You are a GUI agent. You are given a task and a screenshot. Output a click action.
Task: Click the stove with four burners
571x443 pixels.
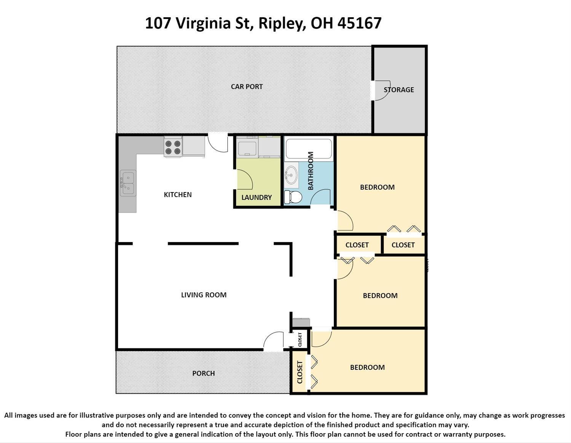tap(173, 147)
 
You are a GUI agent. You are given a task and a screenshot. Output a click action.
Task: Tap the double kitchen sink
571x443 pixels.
tap(128, 183)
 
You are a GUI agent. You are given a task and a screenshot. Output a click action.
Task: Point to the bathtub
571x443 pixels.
tap(309, 149)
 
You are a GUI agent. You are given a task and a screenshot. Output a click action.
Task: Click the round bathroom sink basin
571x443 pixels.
tap(291, 175)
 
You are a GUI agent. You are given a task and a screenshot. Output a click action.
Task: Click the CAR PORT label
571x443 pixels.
tap(247, 87)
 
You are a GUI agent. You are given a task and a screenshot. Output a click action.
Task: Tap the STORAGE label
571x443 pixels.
tap(399, 90)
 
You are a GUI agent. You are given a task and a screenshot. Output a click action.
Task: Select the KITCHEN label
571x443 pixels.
tap(178, 195)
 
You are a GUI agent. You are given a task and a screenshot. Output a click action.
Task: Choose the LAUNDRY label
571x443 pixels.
tap(257, 197)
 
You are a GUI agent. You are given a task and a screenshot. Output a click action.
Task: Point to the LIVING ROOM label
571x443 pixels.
tap(204, 295)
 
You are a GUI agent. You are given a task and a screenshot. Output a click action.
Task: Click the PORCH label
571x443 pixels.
tap(203, 373)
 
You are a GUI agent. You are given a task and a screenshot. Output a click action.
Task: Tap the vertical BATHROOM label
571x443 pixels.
tap(311, 171)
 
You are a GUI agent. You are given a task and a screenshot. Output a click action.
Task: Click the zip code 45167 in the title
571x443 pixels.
tap(359, 23)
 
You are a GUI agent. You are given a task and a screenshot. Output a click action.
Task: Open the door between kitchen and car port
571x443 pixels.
tap(218, 143)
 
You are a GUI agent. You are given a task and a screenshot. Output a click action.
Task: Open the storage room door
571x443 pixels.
tap(381, 90)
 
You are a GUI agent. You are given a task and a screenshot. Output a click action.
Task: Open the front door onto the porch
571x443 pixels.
tap(274, 341)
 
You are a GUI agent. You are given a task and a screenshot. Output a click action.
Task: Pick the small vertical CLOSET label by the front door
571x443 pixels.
tap(300, 340)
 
